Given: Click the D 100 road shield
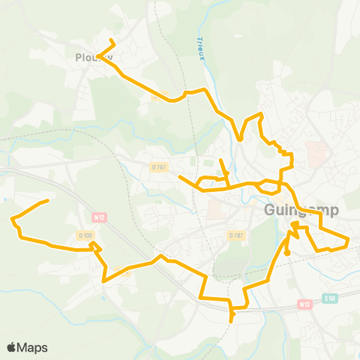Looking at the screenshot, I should pos(86,235).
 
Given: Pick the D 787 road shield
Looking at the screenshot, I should pos(236,235).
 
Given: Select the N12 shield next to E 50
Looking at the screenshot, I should pos(304,304).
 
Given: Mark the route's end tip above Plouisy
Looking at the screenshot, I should pos(111,40).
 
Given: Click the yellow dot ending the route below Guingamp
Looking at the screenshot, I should pos(287,253).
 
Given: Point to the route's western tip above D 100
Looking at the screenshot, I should pos(48,200).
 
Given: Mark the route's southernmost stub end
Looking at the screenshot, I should pos(231,320).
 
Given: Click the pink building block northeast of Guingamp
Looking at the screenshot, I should pos(317,154).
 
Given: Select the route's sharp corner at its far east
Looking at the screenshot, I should pos(349,239).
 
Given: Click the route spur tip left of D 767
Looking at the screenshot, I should pos(180,177).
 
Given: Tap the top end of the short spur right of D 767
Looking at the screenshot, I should pos(220,160).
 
